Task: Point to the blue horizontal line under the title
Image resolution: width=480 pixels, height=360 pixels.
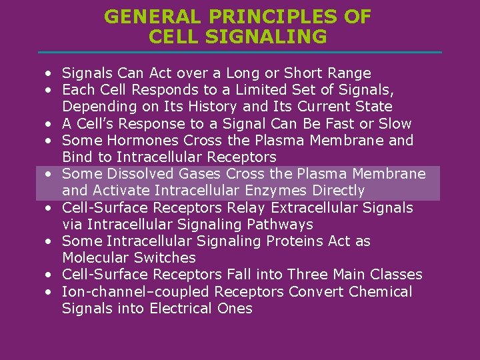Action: (x=240, y=52)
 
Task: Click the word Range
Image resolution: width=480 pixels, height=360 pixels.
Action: (x=347, y=73)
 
